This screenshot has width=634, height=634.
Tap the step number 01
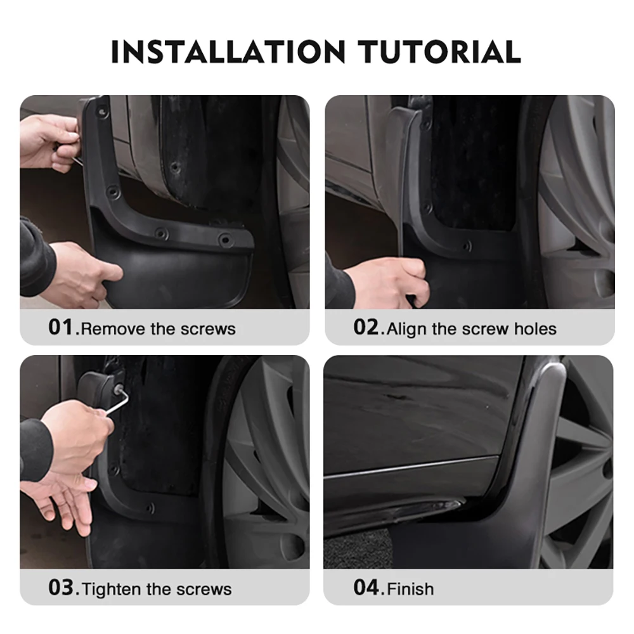tap(61, 328)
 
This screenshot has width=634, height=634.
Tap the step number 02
tap(366, 328)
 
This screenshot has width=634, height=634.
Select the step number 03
tap(61, 588)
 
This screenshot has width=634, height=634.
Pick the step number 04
tap(366, 588)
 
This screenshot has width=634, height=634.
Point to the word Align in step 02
tap(407, 329)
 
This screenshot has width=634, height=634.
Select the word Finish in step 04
tap(411, 589)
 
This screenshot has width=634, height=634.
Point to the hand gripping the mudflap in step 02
tap(387, 279)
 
